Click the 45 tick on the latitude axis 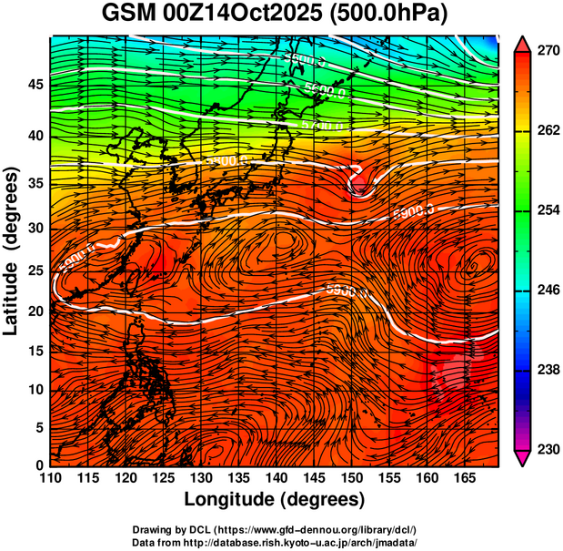tap(34, 85)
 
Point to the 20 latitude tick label tap(34, 311)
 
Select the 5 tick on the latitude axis tap(38, 426)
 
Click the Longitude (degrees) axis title tap(275, 500)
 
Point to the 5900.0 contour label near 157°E tap(413, 211)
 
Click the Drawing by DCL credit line tap(275, 530)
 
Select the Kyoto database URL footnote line tap(275, 542)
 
